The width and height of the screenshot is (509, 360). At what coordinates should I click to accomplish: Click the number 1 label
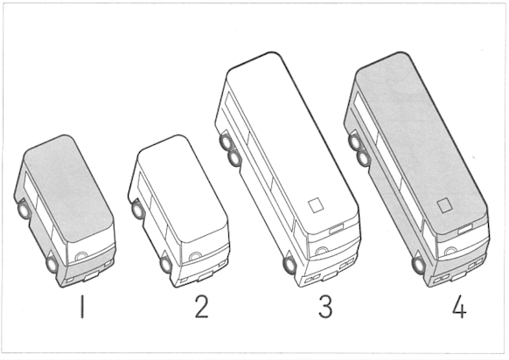coord(82,307)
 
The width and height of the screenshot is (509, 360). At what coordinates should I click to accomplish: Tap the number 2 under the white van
coord(201,307)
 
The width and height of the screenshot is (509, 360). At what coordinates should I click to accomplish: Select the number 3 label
coord(325,307)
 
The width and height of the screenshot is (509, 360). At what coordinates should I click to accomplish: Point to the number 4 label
coord(459,307)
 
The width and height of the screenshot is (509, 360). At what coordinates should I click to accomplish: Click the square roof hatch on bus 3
coord(316,205)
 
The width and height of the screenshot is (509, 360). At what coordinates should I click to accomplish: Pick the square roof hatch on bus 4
coord(445,205)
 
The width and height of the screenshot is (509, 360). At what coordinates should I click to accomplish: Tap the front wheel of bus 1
coord(52,264)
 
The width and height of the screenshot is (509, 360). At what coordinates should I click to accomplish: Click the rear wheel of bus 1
coord(24,210)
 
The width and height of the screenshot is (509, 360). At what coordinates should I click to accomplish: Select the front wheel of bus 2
coord(166,264)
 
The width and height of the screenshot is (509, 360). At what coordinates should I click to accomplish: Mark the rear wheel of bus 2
coord(138,210)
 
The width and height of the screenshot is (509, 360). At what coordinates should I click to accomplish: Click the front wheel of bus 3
coord(289,265)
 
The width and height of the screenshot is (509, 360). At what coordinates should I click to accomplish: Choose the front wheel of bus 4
coord(418,265)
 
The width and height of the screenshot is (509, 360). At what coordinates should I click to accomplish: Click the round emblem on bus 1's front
coord(80,256)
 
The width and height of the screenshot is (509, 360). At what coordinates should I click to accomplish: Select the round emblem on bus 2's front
coord(195,256)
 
